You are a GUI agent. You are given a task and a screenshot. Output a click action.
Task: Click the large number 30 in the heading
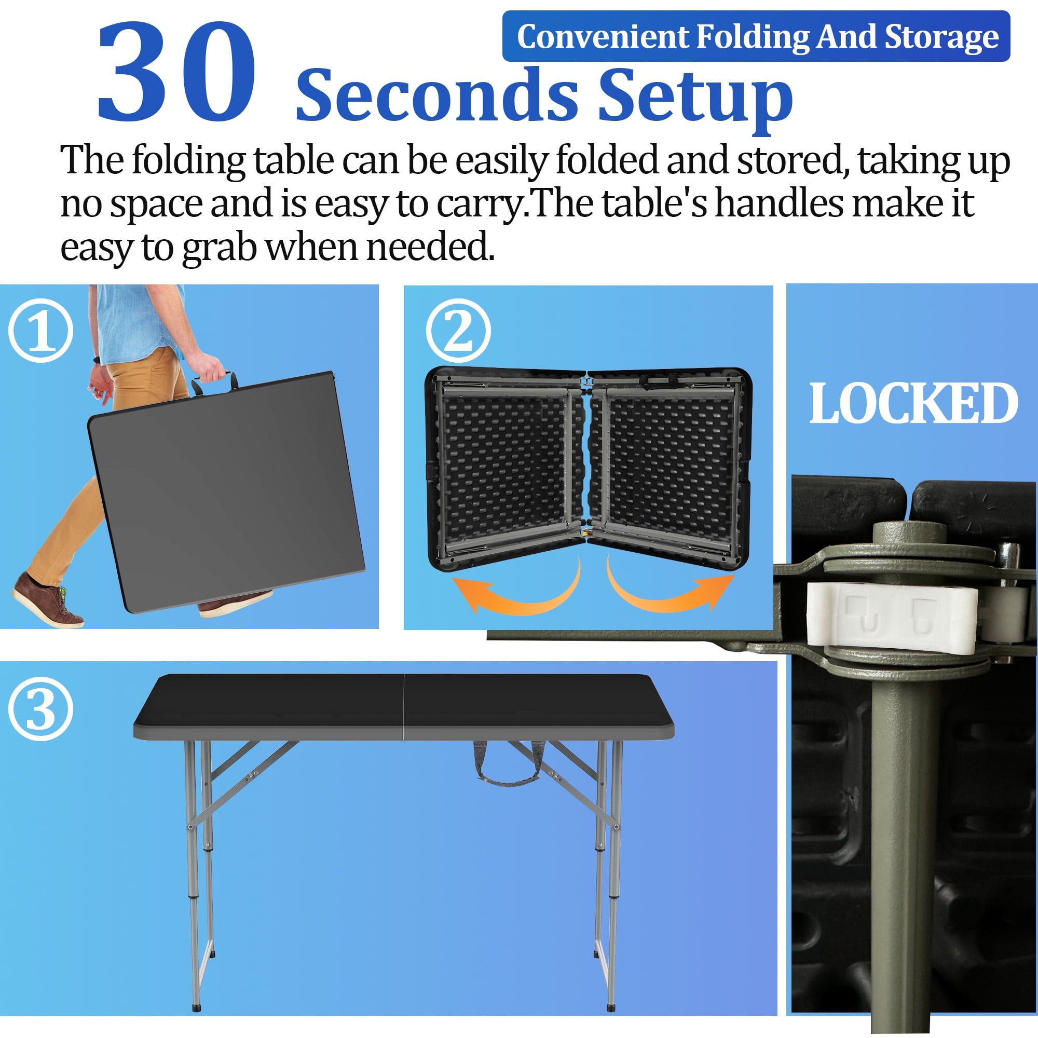coord(176,72)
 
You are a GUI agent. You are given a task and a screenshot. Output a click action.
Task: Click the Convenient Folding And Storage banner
coord(756,36)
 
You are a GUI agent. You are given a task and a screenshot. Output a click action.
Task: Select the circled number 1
coord(41,331)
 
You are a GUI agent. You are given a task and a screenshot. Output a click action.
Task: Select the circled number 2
coord(458,331)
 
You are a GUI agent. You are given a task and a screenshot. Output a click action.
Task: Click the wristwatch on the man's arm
coord(96,359)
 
